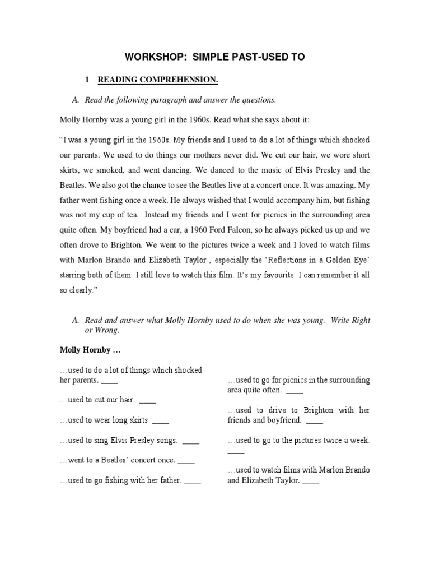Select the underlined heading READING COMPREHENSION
coord(158,80)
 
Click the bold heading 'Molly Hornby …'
coord(90,350)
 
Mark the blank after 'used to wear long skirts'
coord(161,420)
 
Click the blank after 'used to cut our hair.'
coord(148,400)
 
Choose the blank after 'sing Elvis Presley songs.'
coord(191,441)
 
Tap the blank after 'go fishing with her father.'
coord(192,481)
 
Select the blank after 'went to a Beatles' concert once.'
coord(186,461)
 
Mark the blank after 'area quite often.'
coord(295,390)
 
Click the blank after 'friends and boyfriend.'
coord(315,420)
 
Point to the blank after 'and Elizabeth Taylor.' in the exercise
coord(310,481)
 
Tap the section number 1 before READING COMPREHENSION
coord(87,80)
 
